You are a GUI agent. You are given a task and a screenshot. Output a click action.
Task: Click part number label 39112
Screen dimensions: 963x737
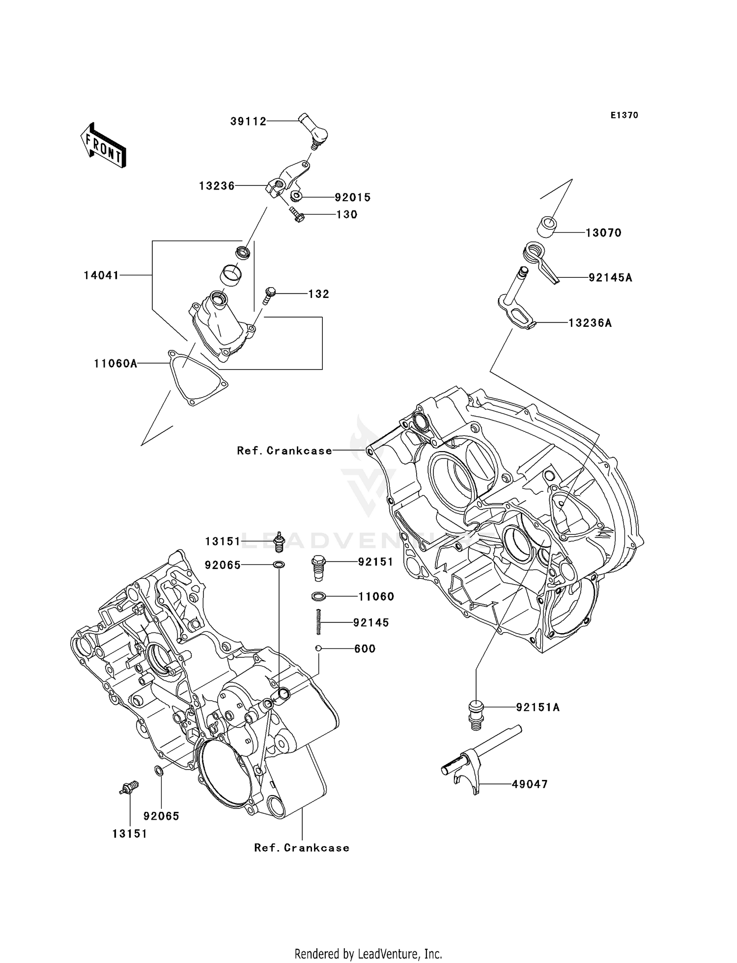click(248, 121)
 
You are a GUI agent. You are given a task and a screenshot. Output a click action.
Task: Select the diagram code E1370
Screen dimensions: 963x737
click(624, 115)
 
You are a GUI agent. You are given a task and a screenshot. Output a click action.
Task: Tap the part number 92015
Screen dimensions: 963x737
click(352, 197)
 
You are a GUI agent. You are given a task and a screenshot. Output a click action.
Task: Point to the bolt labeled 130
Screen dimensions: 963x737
click(296, 214)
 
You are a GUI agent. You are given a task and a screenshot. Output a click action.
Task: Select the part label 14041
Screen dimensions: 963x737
click(101, 275)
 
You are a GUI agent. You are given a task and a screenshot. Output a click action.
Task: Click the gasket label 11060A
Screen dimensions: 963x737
click(115, 363)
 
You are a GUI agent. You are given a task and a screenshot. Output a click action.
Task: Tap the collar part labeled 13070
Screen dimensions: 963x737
click(547, 228)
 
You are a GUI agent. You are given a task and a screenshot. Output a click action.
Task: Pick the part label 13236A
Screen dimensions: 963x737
click(590, 323)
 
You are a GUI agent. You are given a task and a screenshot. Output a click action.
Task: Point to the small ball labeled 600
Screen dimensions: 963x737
click(318, 648)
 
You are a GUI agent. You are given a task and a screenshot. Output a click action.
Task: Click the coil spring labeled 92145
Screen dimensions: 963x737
click(318, 621)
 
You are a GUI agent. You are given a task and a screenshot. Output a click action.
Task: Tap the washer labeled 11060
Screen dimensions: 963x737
click(318, 596)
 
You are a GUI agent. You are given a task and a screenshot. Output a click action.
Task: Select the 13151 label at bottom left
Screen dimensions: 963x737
click(130, 833)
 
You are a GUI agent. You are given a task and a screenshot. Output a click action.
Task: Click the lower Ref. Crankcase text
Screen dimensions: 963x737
click(302, 848)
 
